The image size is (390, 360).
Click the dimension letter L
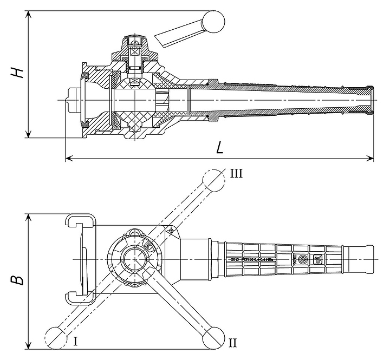coord(219,147)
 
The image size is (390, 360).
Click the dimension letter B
coord(18,280)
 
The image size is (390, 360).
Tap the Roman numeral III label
coord(237,174)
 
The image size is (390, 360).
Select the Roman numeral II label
coord(232,342)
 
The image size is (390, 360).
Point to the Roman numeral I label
coord(76,341)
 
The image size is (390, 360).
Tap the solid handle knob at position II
coord(212,336)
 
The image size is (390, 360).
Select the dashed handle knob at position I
coord(55,336)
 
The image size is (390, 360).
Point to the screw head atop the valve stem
coord(136,40)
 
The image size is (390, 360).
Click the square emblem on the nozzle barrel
coord(318,259)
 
